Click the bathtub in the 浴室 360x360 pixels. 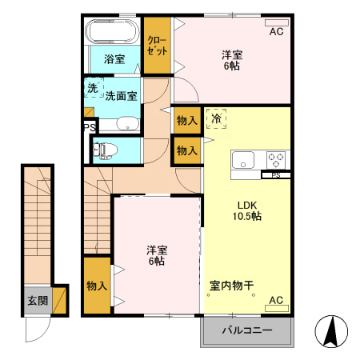(112, 34)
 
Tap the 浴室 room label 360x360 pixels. (114, 59)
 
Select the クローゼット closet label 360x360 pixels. (156, 45)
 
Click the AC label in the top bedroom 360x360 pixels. (276, 32)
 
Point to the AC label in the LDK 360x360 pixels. (276, 300)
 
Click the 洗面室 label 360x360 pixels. (121, 95)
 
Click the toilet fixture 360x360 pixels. (106, 149)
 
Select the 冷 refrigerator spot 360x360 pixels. (216, 118)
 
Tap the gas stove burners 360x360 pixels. (276, 158)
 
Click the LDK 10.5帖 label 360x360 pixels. (246, 210)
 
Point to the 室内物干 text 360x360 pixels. (231, 285)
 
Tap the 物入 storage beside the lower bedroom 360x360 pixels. (96, 286)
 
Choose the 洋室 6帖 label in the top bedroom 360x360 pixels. (231, 60)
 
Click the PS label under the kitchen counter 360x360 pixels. (276, 174)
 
